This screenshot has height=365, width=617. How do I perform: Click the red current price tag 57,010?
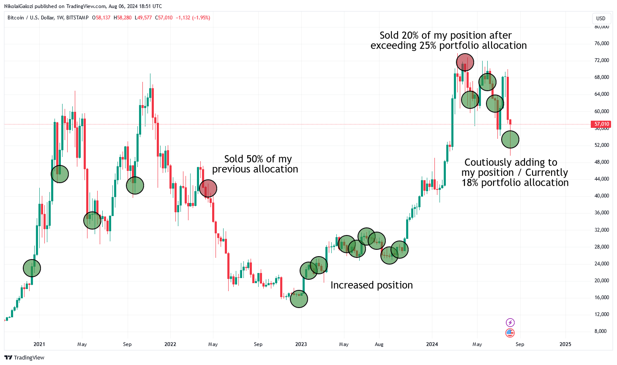point(601,124)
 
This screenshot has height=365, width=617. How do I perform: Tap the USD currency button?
point(601,19)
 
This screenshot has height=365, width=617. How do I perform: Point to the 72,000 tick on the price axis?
point(601,60)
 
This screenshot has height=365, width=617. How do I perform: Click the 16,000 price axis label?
point(601,297)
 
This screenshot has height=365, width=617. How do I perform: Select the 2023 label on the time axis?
point(301,344)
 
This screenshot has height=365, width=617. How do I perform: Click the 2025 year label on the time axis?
point(565,344)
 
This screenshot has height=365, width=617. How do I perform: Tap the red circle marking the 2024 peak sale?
point(465,62)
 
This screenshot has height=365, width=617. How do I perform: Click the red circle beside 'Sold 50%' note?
point(208,188)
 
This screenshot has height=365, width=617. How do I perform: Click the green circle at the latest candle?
point(510,139)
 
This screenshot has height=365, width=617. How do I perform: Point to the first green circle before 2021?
point(32,268)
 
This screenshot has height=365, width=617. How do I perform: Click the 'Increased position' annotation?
point(371,285)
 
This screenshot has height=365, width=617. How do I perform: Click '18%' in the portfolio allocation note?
point(470,183)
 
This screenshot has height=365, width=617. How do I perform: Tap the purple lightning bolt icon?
point(510,323)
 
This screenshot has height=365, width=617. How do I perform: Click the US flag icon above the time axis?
point(510,333)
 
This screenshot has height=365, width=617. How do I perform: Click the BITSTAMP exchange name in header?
point(77,18)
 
